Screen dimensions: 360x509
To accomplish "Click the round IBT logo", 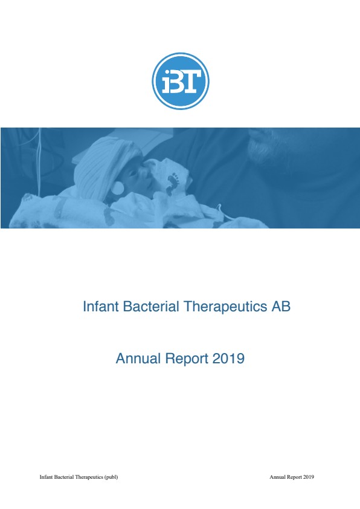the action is coord(181,81).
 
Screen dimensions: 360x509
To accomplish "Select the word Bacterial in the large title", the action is coord(151,306).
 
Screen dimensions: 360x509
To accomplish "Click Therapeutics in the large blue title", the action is coord(225,306).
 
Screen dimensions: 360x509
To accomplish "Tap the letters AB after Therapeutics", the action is coord(281,306).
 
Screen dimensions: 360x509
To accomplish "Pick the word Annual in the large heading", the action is coord(138,358).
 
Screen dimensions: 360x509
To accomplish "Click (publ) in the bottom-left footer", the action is coord(111,477).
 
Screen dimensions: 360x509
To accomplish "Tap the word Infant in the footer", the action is coord(45,477).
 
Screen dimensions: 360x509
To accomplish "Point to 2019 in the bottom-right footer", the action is coord(309,477).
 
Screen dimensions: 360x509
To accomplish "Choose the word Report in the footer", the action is coord(295,477).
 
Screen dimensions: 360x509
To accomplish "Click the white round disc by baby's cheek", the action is coord(118,188).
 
